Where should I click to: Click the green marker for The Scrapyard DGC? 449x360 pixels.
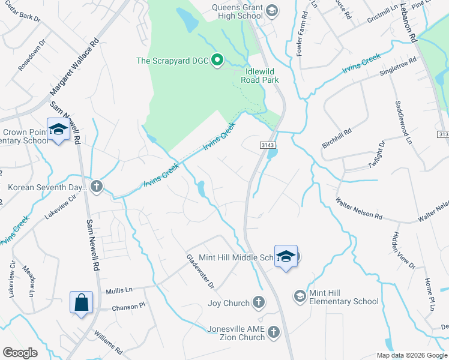click(x=218, y=60)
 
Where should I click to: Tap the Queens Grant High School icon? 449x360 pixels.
click(x=271, y=10)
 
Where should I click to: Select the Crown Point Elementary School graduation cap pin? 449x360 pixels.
click(x=58, y=130)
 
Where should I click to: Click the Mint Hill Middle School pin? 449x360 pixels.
click(x=286, y=256)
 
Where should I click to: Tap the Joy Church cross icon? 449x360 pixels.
click(x=259, y=302)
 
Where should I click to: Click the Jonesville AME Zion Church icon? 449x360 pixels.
click(x=273, y=332)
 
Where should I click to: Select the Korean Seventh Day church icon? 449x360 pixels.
click(x=97, y=187)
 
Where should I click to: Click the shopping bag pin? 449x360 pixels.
click(x=81, y=302)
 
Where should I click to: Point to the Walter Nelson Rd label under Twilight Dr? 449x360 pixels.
click(x=358, y=208)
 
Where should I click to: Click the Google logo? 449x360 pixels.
click(x=20, y=353)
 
